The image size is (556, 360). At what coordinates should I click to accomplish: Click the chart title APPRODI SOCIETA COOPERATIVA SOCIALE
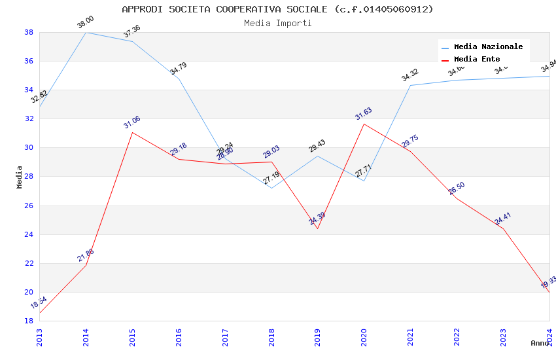[x=277, y=9]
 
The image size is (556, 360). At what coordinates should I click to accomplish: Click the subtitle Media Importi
[x=277, y=24]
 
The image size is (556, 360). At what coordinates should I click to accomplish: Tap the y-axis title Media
[x=20, y=177]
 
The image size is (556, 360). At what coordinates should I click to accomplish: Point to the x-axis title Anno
[x=540, y=343]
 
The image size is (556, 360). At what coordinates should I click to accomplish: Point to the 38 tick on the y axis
[x=29, y=32]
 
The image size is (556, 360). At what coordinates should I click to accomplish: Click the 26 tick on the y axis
[x=29, y=206]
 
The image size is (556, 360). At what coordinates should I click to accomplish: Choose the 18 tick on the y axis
[x=29, y=321]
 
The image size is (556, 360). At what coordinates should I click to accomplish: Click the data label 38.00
[x=86, y=22]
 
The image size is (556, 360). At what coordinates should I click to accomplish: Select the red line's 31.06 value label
[x=131, y=122]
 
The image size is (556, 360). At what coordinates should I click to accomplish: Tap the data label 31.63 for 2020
[x=363, y=114]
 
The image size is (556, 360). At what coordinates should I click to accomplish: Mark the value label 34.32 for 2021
[x=409, y=75]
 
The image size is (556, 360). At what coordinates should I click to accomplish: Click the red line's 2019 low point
[x=317, y=228]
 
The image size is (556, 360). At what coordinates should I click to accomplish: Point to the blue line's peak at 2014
[x=86, y=32]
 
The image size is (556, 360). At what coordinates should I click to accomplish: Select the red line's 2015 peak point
[x=132, y=132]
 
